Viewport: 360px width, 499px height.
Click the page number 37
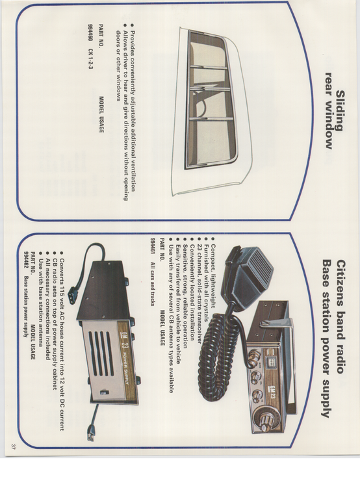(14, 447)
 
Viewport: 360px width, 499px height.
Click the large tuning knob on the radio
(268, 418)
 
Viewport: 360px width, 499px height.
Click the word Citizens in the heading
(340, 283)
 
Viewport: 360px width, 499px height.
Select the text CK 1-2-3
(90, 60)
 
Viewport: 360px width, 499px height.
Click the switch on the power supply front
(103, 392)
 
